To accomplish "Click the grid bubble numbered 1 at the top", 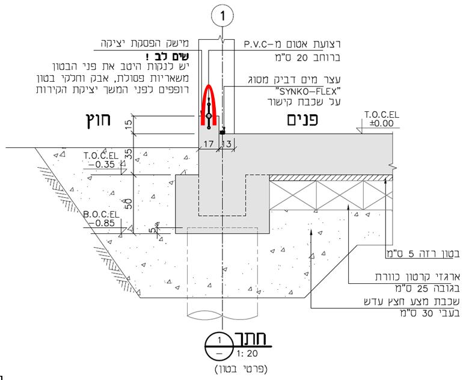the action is pyautogui.click(x=222, y=16).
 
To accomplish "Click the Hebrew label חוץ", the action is pyautogui.click(x=99, y=120).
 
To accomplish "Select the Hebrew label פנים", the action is pyautogui.click(x=302, y=120).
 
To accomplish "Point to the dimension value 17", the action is pyautogui.click(x=208, y=144).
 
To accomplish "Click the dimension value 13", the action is pyautogui.click(x=227, y=144).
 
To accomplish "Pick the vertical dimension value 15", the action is pyautogui.click(x=129, y=124).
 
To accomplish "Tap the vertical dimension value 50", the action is pyautogui.click(x=129, y=204).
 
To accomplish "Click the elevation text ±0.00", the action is pyautogui.click(x=382, y=123).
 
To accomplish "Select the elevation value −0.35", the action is pyautogui.click(x=102, y=164).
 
